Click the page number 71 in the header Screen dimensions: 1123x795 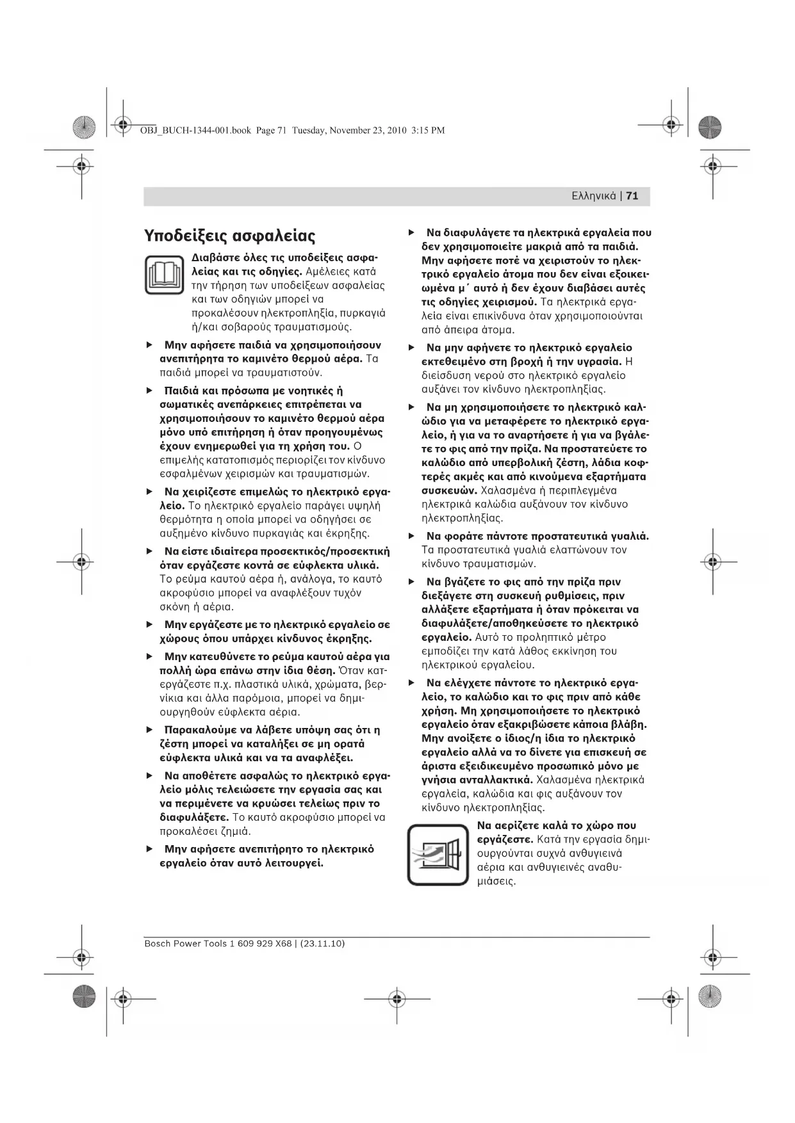click(632, 196)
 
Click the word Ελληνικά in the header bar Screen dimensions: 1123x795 click(594, 196)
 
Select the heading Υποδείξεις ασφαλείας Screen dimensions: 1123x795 click(230, 236)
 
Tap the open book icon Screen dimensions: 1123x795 click(165, 274)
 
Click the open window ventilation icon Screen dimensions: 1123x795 click(438, 855)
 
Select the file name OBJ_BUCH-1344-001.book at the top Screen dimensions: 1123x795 click(195, 131)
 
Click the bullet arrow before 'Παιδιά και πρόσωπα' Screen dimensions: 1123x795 click(150, 391)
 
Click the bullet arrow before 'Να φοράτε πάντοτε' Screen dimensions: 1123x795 click(412, 536)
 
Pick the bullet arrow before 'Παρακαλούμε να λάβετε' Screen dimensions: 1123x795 click(150, 729)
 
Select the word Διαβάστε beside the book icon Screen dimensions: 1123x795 click(215, 257)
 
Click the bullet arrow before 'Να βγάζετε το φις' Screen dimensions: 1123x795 click(412, 582)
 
